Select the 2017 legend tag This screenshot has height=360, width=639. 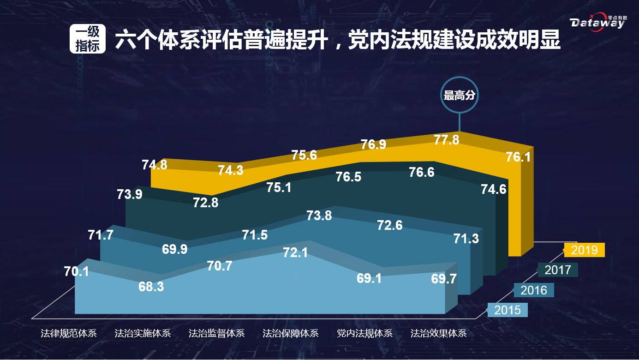pos(558,270)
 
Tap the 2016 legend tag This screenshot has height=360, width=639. pos(533,290)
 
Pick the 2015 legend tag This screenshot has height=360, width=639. pos(508,310)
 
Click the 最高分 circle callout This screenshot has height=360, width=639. pos(459,96)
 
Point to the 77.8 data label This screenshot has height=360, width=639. pos(447,140)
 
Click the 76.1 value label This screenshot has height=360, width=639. pos(518,157)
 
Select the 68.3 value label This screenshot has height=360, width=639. pos(151,287)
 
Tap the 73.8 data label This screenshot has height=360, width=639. pos(319,215)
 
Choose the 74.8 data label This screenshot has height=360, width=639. pos(155,164)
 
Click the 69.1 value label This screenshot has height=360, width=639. pos(369,278)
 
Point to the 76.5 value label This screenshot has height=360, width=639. pos(348,177)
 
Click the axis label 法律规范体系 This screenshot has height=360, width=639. pos(68,333)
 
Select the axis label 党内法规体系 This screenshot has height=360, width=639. pos(364,333)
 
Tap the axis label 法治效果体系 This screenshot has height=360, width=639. pos(439,333)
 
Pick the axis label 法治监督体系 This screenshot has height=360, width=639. pos(216,333)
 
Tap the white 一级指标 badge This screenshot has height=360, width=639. pos(88,39)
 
